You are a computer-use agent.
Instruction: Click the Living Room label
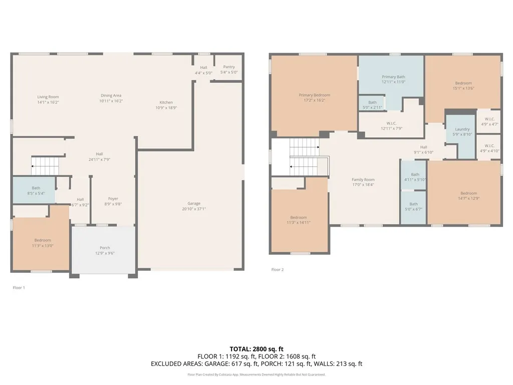[x=48, y=97]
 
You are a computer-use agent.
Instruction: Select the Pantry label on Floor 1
[x=228, y=67]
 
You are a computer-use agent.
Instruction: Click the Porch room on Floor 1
[x=105, y=250]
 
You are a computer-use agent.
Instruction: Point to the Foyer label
[x=113, y=199]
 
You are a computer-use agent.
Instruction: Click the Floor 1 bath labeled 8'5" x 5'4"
[x=36, y=190]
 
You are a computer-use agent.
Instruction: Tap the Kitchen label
[x=166, y=102]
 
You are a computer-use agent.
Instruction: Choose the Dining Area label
[x=111, y=95]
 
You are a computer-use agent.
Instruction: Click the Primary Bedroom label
[x=314, y=95]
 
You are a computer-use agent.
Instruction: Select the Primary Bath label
[x=393, y=77]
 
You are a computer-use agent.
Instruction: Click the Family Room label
[x=363, y=179]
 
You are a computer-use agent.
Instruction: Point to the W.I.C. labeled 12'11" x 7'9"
[x=392, y=123]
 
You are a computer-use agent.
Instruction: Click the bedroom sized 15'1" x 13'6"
[x=463, y=83]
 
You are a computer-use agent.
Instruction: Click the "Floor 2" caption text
[x=278, y=270]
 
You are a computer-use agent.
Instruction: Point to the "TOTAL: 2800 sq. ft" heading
[x=256, y=349]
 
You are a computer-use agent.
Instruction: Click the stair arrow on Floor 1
[x=33, y=165]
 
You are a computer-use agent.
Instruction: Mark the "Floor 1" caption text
[x=19, y=288]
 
